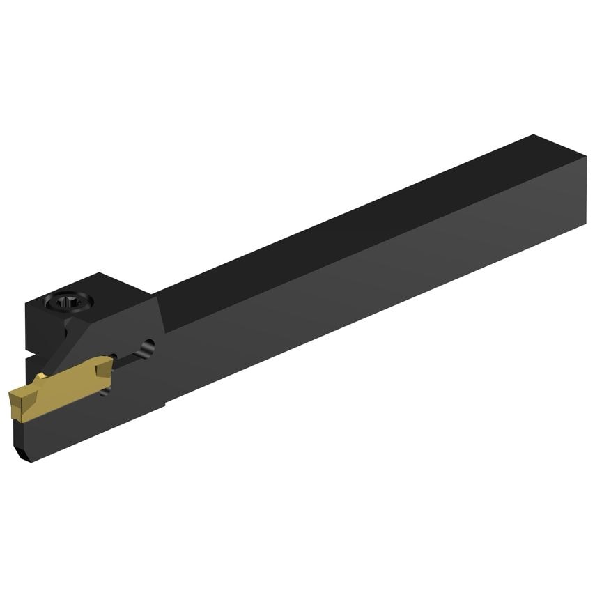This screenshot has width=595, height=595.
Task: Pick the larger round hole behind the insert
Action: (x=148, y=346)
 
